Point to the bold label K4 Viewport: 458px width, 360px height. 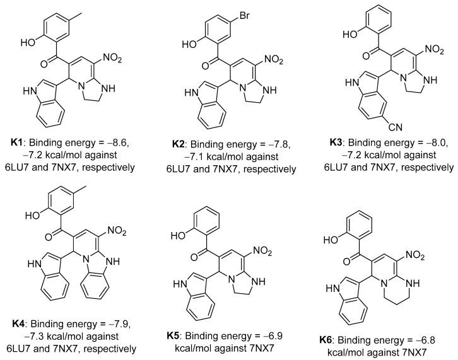18,327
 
